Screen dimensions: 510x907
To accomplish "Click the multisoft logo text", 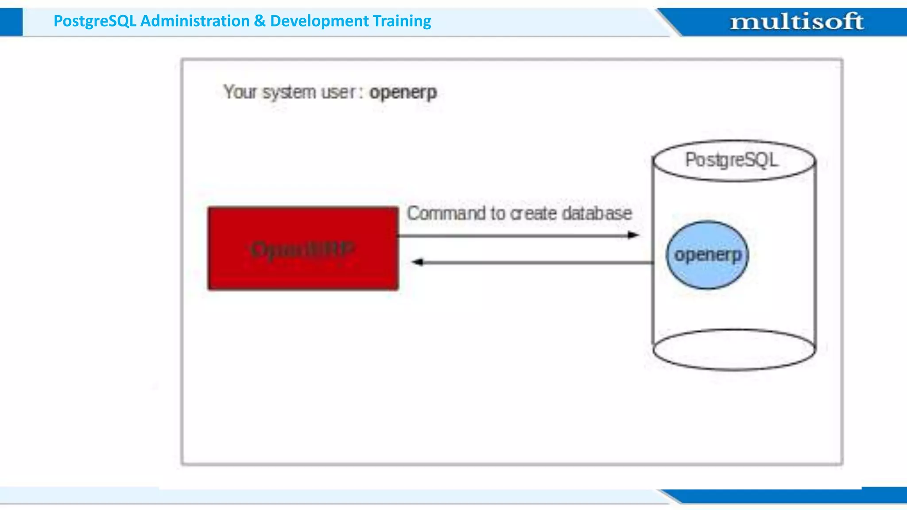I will [x=796, y=21].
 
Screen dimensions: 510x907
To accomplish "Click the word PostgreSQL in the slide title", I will [x=95, y=21].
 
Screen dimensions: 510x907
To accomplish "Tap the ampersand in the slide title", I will [x=260, y=21].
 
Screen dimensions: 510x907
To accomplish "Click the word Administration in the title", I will [x=195, y=21].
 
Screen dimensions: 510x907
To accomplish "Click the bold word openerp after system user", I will [x=403, y=93].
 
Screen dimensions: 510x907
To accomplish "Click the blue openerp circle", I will [x=707, y=255].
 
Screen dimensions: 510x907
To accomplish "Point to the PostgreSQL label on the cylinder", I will [x=731, y=160].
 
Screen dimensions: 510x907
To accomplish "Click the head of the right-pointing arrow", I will [x=634, y=235].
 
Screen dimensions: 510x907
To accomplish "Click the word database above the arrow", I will [x=597, y=213].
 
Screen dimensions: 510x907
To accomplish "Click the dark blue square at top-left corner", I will [x=11, y=22].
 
